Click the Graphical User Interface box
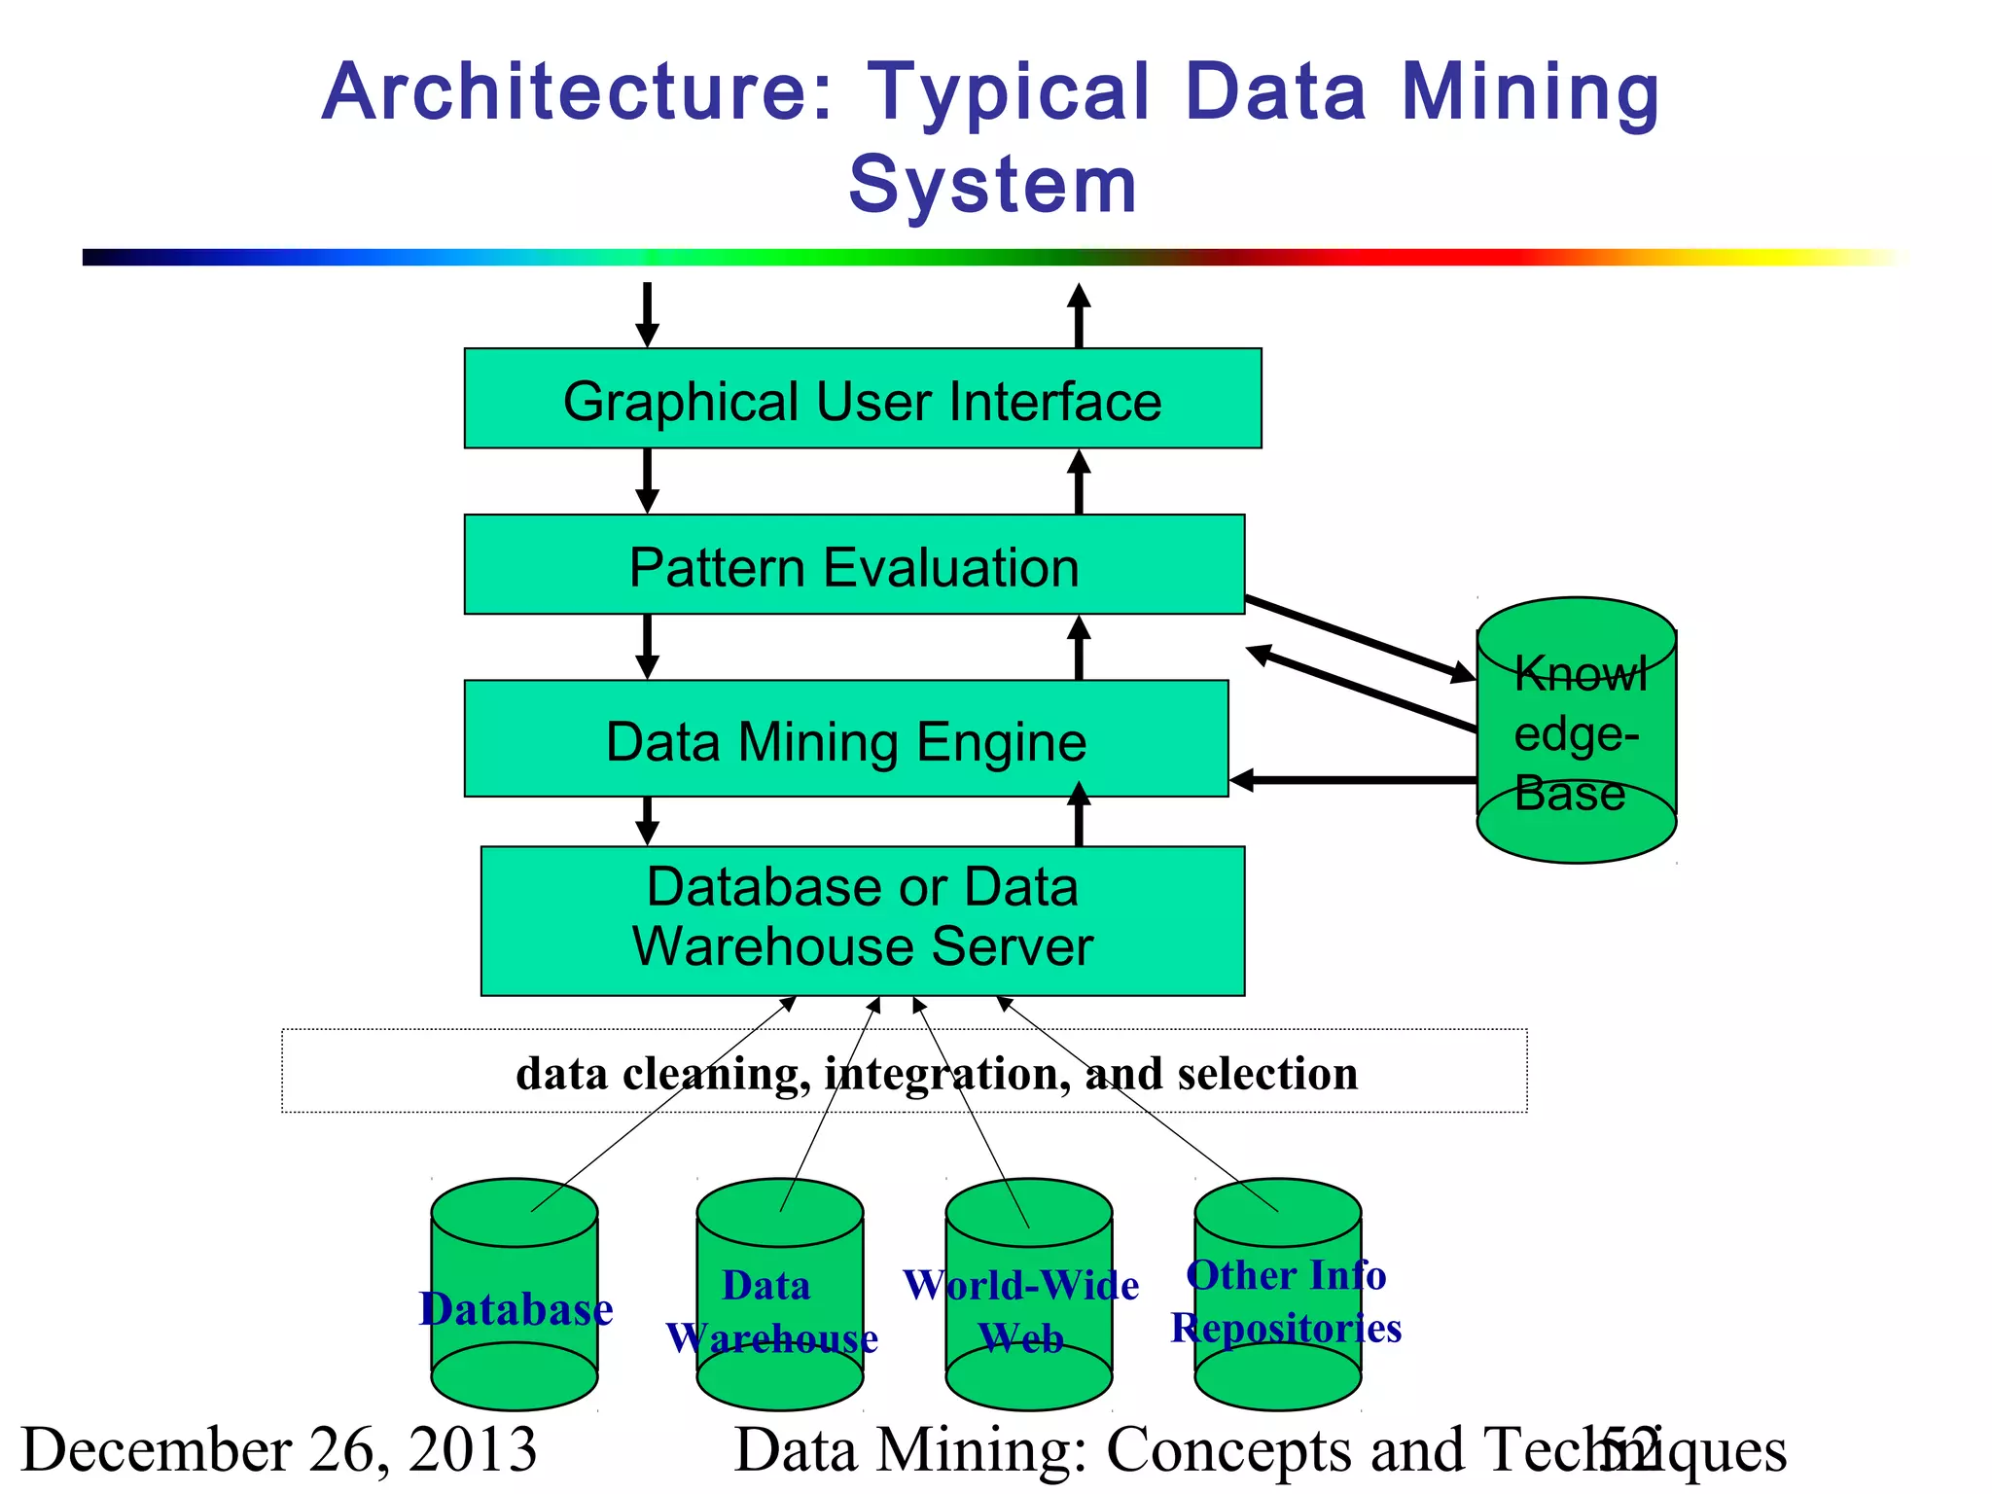pyautogui.click(x=863, y=399)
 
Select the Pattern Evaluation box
pyautogui.click(x=854, y=565)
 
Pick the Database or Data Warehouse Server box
pyautogui.click(x=863, y=920)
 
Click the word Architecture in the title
pyautogui.click(x=578, y=92)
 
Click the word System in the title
pyautogui.click(x=993, y=185)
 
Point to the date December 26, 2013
pyautogui.click(x=279, y=1449)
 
